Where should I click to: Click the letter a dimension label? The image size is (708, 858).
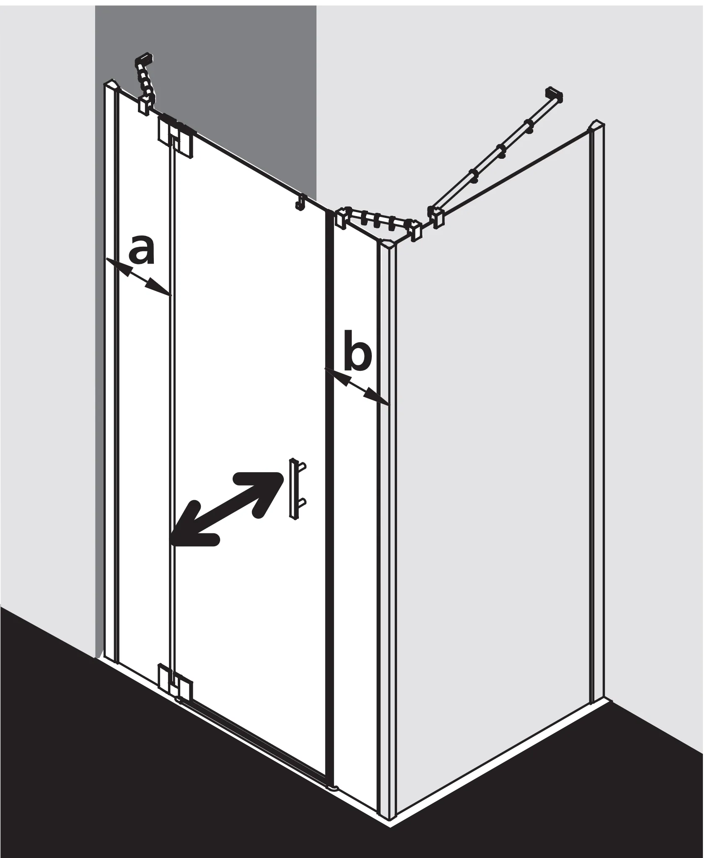[x=142, y=250]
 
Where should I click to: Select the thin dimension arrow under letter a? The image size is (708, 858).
[x=138, y=277]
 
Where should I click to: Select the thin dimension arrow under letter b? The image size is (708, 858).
[x=358, y=386]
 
